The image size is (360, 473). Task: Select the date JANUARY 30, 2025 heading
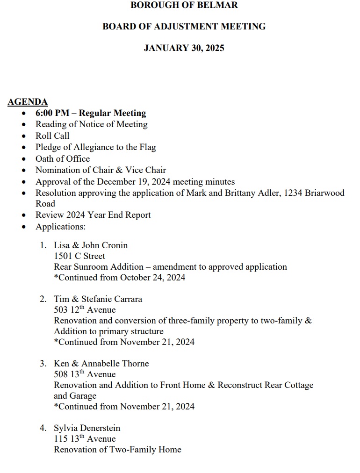(x=184, y=48)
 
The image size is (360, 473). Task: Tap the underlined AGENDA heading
(x=28, y=102)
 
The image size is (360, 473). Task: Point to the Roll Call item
(x=52, y=136)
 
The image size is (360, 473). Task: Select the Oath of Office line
(x=63, y=158)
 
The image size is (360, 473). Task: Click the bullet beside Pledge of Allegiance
(x=25, y=148)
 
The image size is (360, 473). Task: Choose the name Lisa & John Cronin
(x=91, y=245)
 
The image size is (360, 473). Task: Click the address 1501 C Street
(x=79, y=256)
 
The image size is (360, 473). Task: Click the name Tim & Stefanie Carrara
(x=98, y=299)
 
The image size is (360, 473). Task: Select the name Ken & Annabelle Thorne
(x=101, y=364)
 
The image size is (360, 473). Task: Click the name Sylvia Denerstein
(x=87, y=428)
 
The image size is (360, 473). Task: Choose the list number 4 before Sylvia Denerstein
(x=43, y=428)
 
